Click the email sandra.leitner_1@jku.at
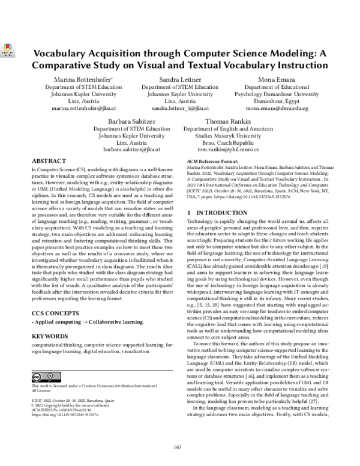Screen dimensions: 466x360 (x=180, y=109)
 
